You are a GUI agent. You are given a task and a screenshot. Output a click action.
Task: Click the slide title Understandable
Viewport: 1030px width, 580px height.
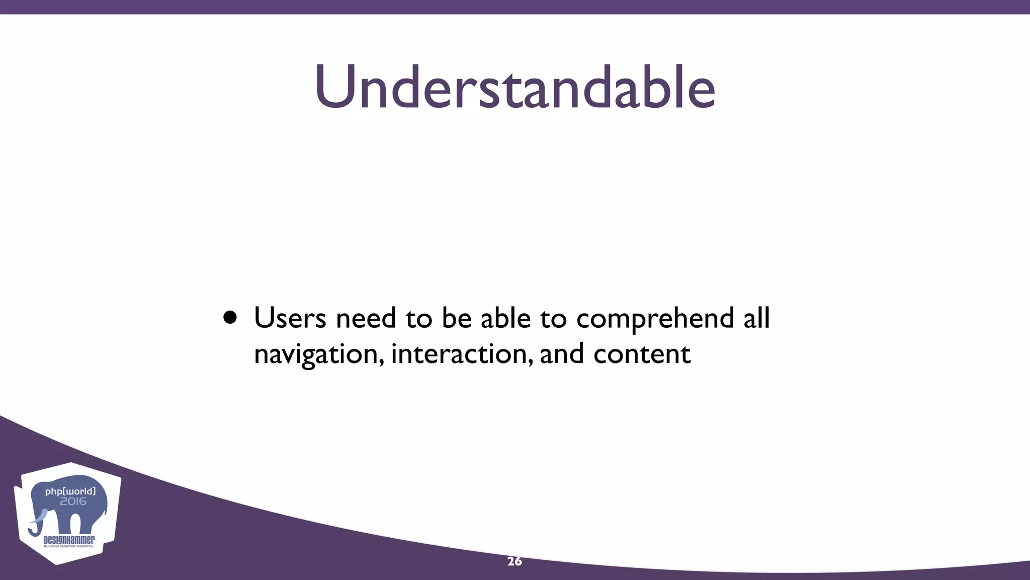pyautogui.click(x=514, y=87)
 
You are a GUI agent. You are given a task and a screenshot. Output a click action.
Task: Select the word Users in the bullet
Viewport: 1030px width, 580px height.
pyautogui.click(x=290, y=318)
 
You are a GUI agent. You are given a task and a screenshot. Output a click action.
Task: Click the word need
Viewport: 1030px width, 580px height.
pyautogui.click(x=366, y=318)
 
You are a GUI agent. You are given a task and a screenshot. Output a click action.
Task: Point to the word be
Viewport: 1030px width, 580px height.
pyautogui.click(x=456, y=318)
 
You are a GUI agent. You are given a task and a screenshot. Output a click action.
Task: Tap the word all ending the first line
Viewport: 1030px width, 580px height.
pyautogui.click(x=756, y=318)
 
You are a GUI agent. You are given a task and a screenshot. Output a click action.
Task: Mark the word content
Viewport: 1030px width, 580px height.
pyautogui.click(x=642, y=354)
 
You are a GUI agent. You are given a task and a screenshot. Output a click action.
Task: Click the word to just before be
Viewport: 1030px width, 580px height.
pyautogui.click(x=418, y=319)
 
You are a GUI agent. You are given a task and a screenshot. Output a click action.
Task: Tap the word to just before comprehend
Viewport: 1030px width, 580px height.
pyautogui.click(x=553, y=319)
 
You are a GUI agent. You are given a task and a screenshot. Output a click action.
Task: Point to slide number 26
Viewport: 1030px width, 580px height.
pyautogui.click(x=514, y=561)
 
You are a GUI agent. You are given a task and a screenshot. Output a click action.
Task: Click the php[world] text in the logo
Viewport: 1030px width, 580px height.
pyautogui.click(x=70, y=491)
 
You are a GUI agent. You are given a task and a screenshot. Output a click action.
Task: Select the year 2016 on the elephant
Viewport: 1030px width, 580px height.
pyautogui.click(x=73, y=501)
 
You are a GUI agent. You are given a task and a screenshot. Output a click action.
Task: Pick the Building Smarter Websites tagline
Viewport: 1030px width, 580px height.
pyautogui.click(x=68, y=546)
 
